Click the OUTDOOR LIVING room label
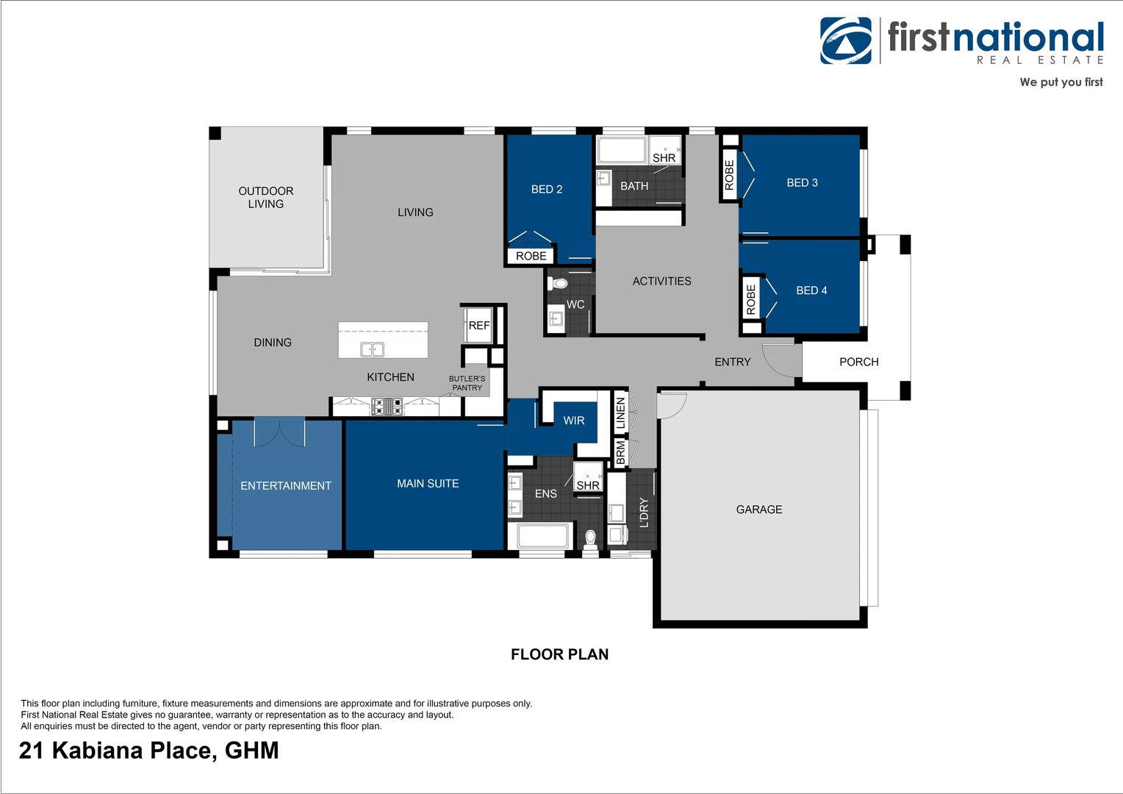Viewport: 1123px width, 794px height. click(265, 197)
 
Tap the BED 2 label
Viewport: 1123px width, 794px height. click(547, 189)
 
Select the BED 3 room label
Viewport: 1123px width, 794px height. click(802, 182)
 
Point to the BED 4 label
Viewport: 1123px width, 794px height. click(811, 290)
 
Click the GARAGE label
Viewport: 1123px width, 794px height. click(759, 509)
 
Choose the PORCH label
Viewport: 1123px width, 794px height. click(858, 362)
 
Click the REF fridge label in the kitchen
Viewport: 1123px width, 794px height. click(479, 325)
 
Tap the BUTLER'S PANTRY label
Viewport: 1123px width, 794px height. click(467, 383)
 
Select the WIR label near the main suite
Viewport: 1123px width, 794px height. click(574, 421)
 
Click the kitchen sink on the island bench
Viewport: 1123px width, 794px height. click(372, 349)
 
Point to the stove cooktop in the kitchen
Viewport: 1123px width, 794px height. click(387, 406)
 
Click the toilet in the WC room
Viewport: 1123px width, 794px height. click(561, 283)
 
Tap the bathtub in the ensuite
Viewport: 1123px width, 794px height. click(544, 536)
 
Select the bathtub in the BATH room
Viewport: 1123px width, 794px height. click(621, 150)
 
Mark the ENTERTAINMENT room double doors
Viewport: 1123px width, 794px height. click(279, 432)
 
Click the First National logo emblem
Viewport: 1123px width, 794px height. click(846, 40)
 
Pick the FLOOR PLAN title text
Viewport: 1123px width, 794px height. click(559, 654)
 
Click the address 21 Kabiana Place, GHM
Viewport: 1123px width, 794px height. click(149, 751)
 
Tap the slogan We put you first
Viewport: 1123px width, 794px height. click(1061, 82)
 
